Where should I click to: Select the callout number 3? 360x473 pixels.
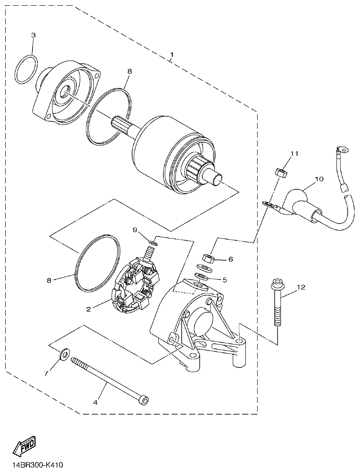click(x=34, y=34)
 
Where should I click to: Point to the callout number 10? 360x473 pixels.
click(x=319, y=179)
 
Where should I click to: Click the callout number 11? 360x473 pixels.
click(x=295, y=153)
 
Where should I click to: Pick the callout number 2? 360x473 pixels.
click(x=88, y=309)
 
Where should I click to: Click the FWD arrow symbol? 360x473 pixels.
click(x=25, y=446)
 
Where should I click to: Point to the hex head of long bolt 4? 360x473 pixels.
click(x=143, y=399)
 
